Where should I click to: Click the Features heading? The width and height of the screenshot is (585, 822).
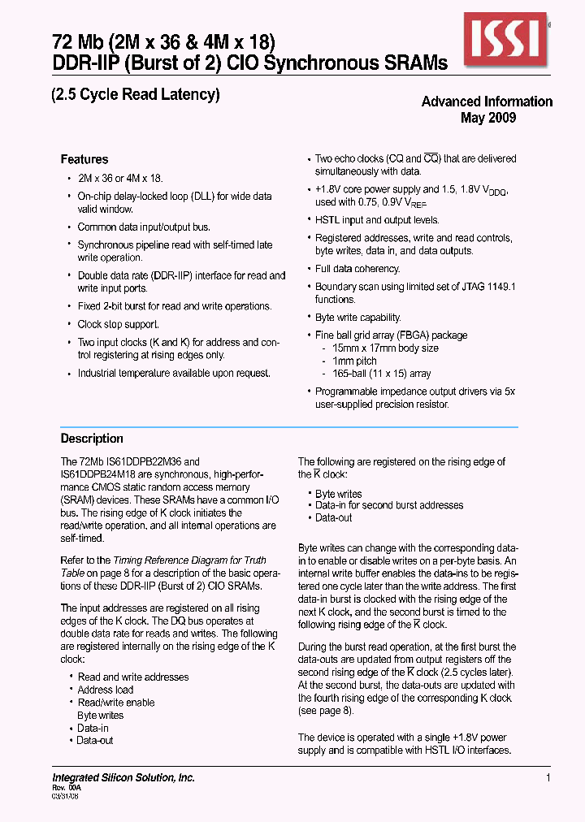point(84,159)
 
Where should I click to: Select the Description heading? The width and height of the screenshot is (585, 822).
point(92,439)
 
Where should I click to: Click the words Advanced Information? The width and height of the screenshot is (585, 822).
point(487,102)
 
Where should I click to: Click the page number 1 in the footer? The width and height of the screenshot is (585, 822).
point(548,778)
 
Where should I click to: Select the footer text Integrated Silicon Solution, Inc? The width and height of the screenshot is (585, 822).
point(123,778)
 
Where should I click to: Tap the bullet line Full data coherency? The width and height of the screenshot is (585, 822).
point(357,269)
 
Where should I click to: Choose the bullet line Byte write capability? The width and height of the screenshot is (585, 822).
point(358,318)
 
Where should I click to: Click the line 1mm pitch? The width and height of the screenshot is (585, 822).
point(354,361)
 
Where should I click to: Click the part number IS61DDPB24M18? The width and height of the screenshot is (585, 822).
point(96,474)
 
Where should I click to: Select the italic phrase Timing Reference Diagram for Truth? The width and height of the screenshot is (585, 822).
point(189,560)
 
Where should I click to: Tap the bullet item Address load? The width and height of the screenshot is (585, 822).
point(106,690)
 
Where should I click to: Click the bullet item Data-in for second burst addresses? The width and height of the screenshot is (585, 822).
point(389,505)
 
